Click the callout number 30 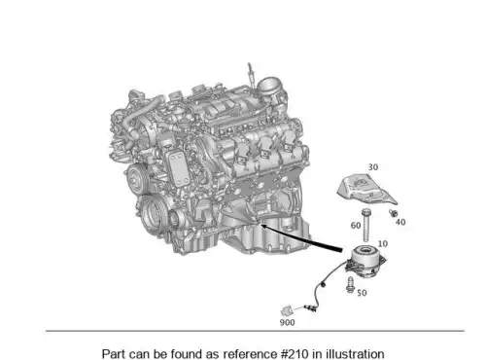pos(373,167)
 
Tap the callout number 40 pos(400,222)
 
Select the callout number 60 pos(356,226)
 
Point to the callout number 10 pos(383,243)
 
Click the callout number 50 pos(362,293)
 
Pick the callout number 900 pos(287,322)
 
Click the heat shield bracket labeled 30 pos(366,190)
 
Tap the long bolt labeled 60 pos(366,225)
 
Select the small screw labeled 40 pos(394,213)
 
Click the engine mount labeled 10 pos(366,261)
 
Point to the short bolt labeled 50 pos(350,285)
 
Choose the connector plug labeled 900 pos(287,310)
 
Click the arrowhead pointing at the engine pos(264,226)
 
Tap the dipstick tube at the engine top pos(251,74)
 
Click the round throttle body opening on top pos(270,85)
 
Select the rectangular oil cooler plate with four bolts pos(178,168)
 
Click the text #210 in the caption pos(294,354)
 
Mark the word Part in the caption pos(113,354)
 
